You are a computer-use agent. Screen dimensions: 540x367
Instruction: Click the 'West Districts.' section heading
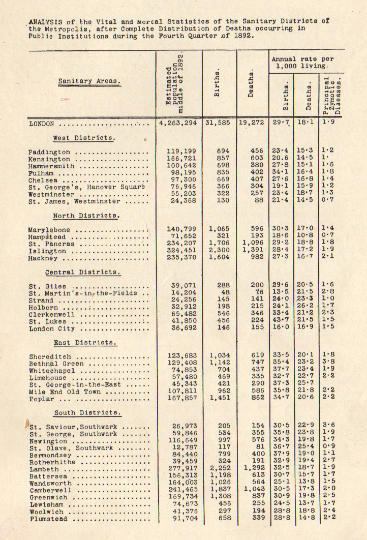click(84, 138)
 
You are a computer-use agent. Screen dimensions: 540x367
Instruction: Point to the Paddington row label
click(49, 152)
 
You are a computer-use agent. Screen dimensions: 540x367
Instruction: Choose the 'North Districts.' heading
click(86, 216)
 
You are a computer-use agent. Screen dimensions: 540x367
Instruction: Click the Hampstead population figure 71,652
click(181, 236)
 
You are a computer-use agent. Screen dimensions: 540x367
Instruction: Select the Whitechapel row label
click(50, 371)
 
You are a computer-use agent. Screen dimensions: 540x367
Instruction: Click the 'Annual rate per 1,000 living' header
click(302, 63)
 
